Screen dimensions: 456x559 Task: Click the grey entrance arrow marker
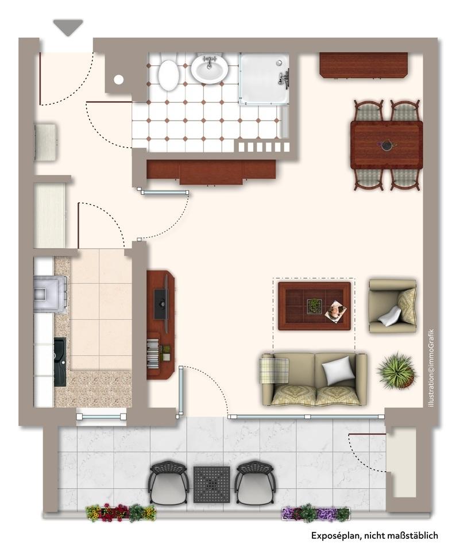(68, 27)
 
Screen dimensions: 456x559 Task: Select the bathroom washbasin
(210, 68)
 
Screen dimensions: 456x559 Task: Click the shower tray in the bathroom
(264, 79)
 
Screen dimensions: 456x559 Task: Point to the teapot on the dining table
(385, 145)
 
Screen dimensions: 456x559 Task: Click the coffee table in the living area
(315, 306)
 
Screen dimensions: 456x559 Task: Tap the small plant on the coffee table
(315, 306)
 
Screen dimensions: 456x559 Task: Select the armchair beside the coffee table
(393, 306)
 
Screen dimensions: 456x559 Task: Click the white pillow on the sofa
(338, 371)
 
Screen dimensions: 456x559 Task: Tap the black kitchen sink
(60, 362)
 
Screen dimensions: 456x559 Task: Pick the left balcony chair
(168, 481)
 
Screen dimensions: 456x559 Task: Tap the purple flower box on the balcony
(316, 514)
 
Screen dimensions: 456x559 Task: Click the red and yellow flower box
(121, 512)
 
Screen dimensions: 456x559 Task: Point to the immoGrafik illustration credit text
(431, 368)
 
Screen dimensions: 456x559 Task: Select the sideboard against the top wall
(364, 65)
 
